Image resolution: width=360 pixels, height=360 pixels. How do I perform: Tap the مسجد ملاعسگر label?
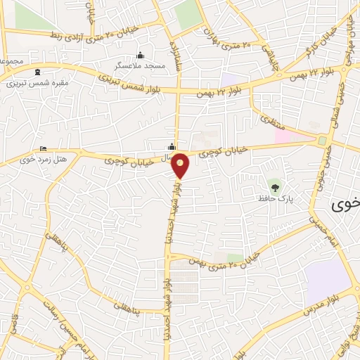(140, 65)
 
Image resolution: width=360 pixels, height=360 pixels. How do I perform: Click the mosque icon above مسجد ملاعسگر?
(140, 56)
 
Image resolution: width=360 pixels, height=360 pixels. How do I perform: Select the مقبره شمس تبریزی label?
(37, 82)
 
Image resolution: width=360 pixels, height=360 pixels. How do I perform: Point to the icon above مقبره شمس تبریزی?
(37, 72)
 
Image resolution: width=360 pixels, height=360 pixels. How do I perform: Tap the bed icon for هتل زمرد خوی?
(44, 149)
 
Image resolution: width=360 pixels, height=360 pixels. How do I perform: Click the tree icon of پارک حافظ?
(274, 187)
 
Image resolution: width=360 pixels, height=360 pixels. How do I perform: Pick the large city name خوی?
(346, 204)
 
